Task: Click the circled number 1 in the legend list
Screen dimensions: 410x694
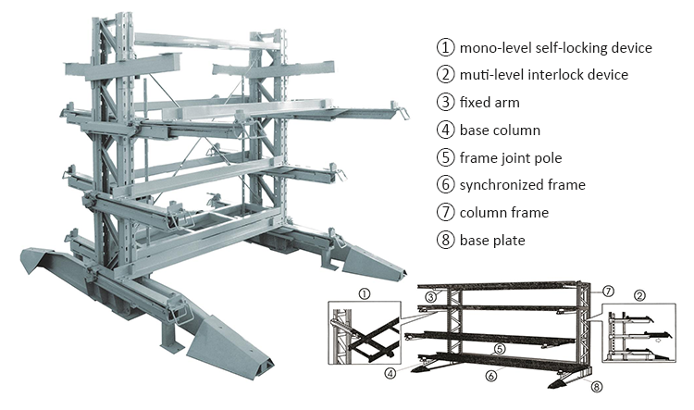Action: coord(446,47)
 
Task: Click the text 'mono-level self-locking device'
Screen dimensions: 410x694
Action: coord(556,47)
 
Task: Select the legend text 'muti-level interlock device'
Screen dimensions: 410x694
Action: coord(544,74)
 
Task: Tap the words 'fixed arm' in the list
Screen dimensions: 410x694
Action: coord(490,102)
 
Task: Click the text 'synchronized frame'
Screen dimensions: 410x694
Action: coord(522,185)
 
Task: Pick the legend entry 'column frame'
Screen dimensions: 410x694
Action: coord(503,213)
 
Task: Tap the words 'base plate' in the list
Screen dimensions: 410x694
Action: coord(492,241)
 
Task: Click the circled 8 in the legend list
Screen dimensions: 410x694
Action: coord(446,241)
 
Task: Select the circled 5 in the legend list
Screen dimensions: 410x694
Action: coord(446,157)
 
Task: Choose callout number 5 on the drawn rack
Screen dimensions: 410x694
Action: coord(499,349)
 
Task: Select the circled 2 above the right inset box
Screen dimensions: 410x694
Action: coord(639,297)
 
